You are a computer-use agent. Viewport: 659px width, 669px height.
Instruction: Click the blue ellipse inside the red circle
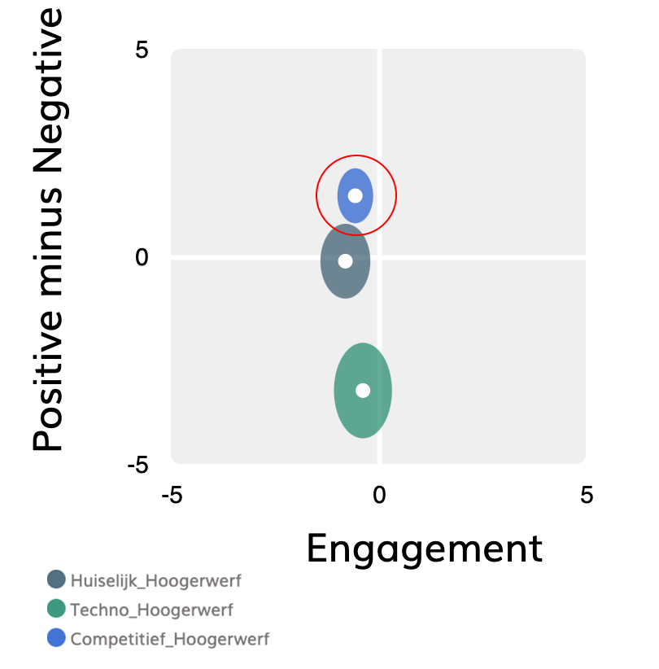pos(356,181)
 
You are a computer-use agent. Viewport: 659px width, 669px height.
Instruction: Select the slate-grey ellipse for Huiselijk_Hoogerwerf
pos(346,281)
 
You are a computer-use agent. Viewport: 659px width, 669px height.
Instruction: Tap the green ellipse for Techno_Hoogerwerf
pos(363,415)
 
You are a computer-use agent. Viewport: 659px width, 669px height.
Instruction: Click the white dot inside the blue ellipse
pos(356,195)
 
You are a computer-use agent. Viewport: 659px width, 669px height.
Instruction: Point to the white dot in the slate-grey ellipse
pos(345,261)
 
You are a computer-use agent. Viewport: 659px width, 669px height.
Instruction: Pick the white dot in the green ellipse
pos(363,391)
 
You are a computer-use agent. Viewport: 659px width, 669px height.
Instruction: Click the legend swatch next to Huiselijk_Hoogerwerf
pos(56,579)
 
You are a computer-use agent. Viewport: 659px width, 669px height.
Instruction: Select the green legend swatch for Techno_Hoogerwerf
pos(56,608)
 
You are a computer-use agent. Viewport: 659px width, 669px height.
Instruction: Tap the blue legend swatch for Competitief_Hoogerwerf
pos(56,638)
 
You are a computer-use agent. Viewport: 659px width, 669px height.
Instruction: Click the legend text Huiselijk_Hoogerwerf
pos(155,581)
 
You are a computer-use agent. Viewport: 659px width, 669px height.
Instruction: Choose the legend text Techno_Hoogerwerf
pos(151,610)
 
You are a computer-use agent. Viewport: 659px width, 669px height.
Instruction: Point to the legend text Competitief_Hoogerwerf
pos(169,639)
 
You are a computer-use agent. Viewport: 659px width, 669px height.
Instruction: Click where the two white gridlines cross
pos(379,257)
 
